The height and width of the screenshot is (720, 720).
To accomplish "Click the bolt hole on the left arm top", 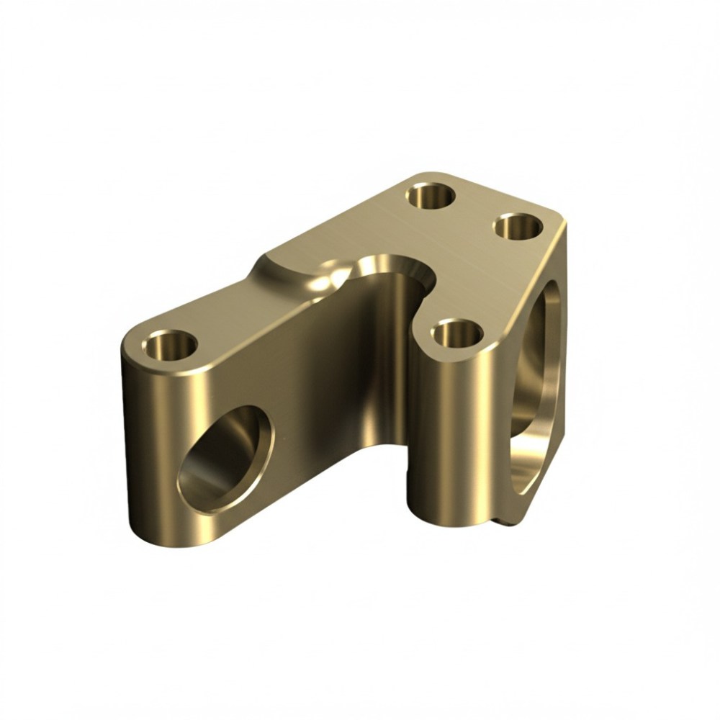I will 171,345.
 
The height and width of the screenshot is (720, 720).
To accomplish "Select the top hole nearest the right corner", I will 518,228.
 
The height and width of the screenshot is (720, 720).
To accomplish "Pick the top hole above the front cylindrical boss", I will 458,334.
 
